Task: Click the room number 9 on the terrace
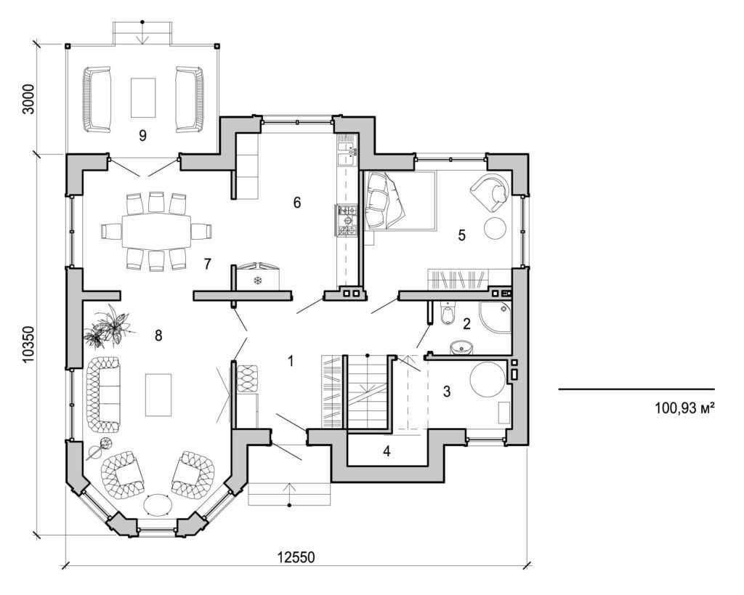(142, 134)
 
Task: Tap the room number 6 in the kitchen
(296, 202)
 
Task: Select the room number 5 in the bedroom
(461, 235)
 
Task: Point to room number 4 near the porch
(387, 451)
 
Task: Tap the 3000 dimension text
(28, 98)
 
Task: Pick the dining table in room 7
(155, 231)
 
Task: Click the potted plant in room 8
(108, 326)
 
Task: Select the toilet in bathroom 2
(448, 314)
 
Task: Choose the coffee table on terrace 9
(142, 97)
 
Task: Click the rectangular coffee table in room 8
(158, 394)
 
